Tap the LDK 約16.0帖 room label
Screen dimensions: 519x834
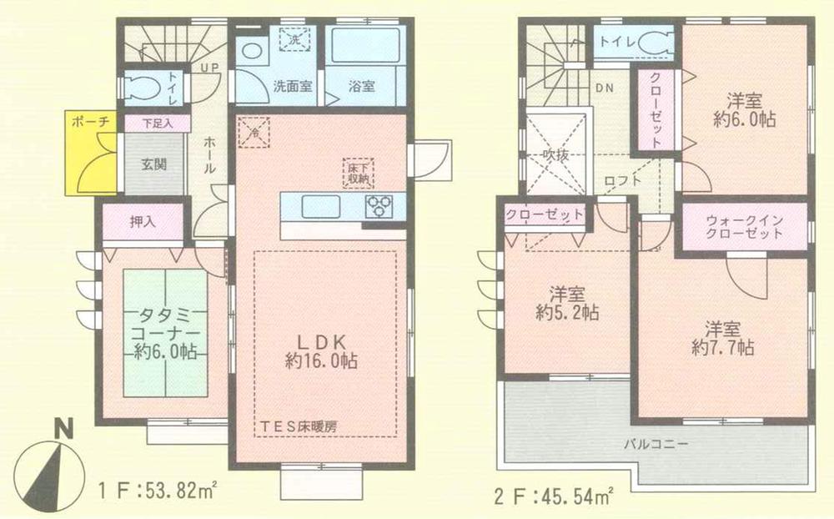click(320, 351)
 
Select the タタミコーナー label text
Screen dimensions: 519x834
click(165, 333)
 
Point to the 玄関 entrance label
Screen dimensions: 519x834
click(153, 164)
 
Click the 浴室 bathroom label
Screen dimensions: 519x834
click(360, 86)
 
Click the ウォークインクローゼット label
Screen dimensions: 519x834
click(744, 227)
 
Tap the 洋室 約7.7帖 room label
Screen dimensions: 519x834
click(722, 337)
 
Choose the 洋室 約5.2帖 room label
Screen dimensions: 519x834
click(567, 305)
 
